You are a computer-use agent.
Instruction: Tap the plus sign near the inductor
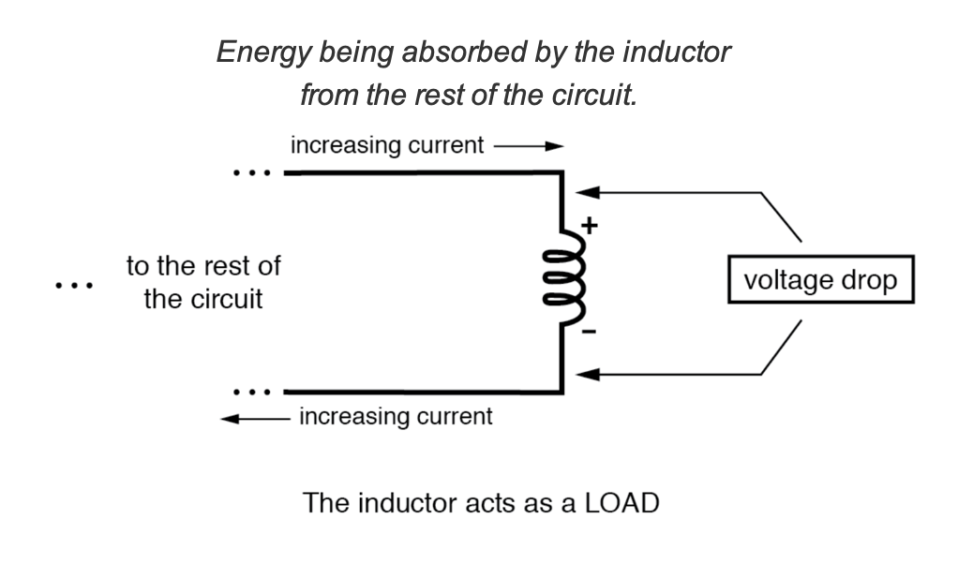click(x=590, y=225)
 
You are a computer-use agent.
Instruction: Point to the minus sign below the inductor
click(x=591, y=333)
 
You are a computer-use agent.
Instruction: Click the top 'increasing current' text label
click(x=387, y=146)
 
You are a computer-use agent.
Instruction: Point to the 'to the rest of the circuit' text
click(x=203, y=283)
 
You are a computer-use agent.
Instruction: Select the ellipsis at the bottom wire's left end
click(x=251, y=392)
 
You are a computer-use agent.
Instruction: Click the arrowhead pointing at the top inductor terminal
click(x=587, y=193)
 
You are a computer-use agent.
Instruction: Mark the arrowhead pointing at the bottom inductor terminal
click(x=587, y=375)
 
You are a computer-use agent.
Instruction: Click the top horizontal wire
click(x=422, y=173)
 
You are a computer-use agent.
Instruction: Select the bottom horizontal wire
click(x=422, y=392)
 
